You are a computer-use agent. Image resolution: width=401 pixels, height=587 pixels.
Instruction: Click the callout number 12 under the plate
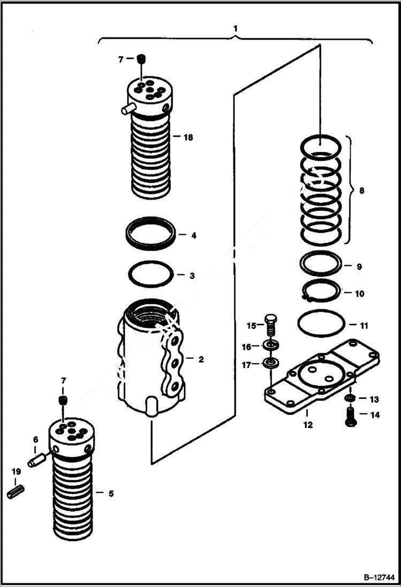point(308,426)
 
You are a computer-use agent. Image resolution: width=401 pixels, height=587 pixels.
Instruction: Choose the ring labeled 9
point(321,263)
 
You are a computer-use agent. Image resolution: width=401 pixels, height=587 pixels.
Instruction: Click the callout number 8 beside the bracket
point(361,190)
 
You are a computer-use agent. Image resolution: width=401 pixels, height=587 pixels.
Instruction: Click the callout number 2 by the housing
point(201,359)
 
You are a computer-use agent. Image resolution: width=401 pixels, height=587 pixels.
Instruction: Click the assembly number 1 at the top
point(236,27)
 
